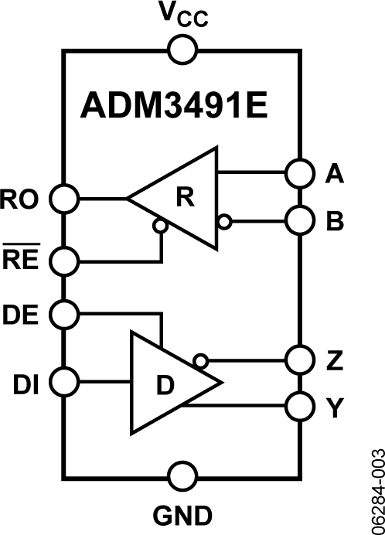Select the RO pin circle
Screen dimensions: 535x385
(63, 199)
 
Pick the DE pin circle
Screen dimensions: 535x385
(63, 314)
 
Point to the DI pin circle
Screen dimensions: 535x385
(63, 382)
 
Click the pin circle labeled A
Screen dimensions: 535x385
(298, 173)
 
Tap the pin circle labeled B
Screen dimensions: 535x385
(298, 221)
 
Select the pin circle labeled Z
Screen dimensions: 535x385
(298, 360)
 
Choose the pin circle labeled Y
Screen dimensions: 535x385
(298, 404)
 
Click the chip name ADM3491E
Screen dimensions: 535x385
(174, 107)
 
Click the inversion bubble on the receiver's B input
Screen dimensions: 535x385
(223, 222)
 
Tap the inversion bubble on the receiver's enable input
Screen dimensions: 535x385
(160, 227)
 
